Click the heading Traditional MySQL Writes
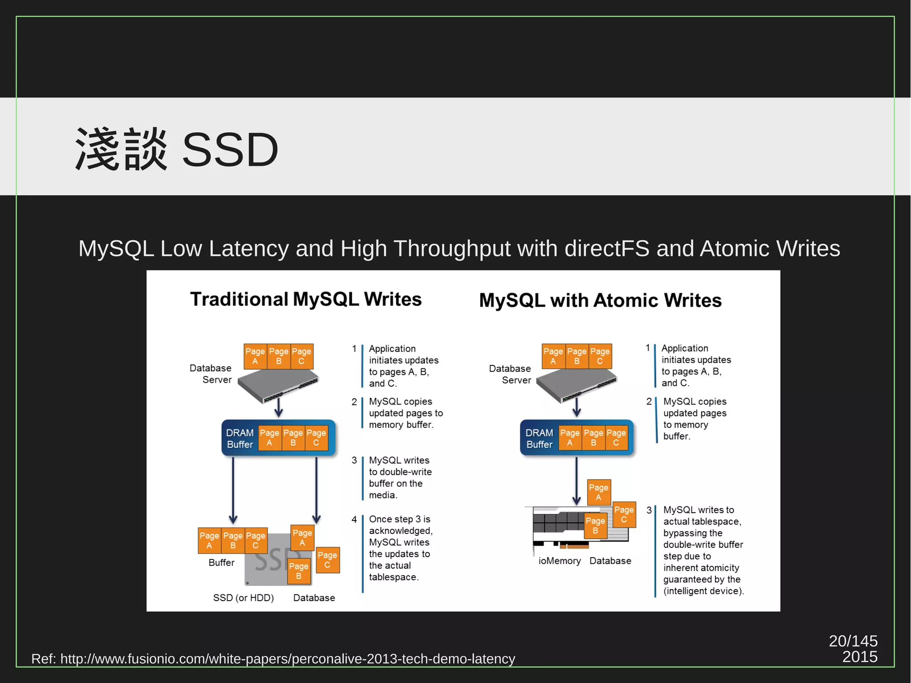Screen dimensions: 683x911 (306, 299)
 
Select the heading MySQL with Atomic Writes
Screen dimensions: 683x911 (600, 300)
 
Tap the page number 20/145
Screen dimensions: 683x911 (853, 641)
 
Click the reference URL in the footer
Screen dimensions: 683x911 (287, 659)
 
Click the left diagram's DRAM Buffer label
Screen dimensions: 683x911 (240, 439)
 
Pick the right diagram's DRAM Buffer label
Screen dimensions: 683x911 (539, 439)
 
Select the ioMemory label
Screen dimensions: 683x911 (559, 561)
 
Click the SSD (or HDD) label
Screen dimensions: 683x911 (243, 598)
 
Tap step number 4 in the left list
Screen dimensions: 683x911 (354, 519)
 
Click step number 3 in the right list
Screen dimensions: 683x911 (649, 510)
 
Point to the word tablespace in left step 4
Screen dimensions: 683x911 (393, 577)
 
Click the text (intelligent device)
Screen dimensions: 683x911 (703, 591)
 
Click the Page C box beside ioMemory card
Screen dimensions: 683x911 (624, 515)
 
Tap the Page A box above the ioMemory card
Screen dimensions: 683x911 (599, 492)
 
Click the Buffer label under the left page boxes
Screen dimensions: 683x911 (221, 563)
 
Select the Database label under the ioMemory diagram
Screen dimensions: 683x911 (610, 561)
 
